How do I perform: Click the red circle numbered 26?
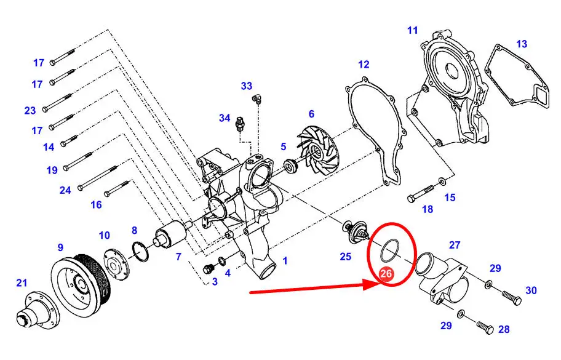click(386, 274)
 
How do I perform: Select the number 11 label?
click(413, 30)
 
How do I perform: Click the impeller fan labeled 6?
click(318, 153)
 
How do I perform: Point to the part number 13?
click(522, 44)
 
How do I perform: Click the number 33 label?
click(247, 86)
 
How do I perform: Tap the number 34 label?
click(225, 118)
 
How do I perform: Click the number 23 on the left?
click(30, 111)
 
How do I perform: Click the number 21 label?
click(22, 282)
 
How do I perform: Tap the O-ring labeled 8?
click(140, 252)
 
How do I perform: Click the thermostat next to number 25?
click(354, 233)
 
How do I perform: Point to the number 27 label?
click(455, 245)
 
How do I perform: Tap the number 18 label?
click(428, 209)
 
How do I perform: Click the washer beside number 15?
click(442, 182)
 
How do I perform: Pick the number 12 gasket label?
click(364, 65)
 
